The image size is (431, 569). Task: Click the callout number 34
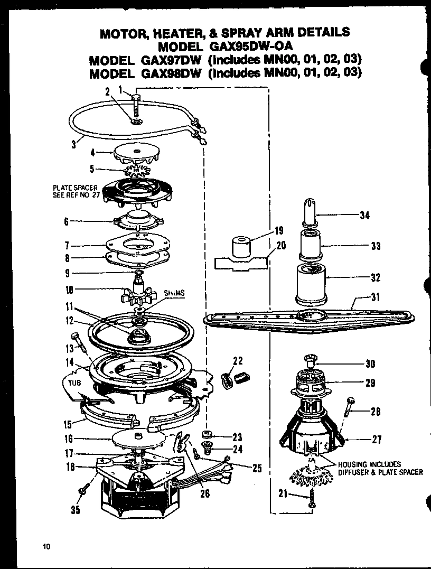pyautogui.click(x=364, y=215)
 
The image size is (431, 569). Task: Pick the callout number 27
pyautogui.click(x=377, y=439)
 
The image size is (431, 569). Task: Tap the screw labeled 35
pyautogui.click(x=83, y=492)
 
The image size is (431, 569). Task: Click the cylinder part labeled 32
pyautogui.click(x=310, y=284)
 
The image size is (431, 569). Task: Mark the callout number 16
pyautogui.click(x=68, y=439)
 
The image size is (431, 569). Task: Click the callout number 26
pyautogui.click(x=205, y=495)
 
